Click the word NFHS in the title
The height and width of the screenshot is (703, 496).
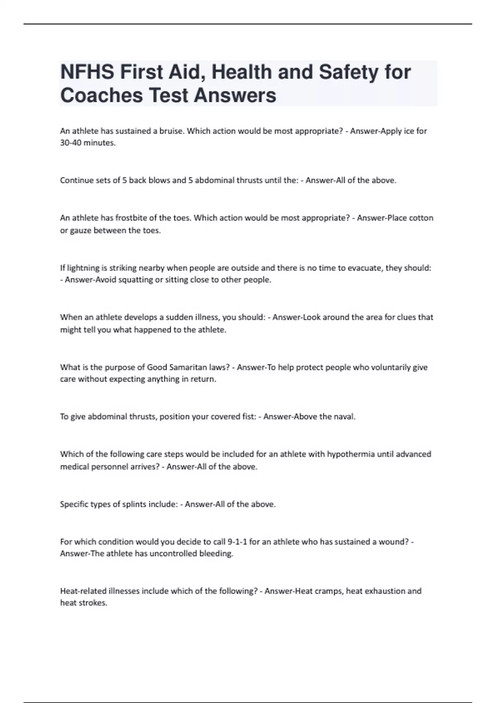(87, 72)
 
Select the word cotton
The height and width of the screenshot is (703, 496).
(421, 218)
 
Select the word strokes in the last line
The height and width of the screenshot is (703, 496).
(95, 603)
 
